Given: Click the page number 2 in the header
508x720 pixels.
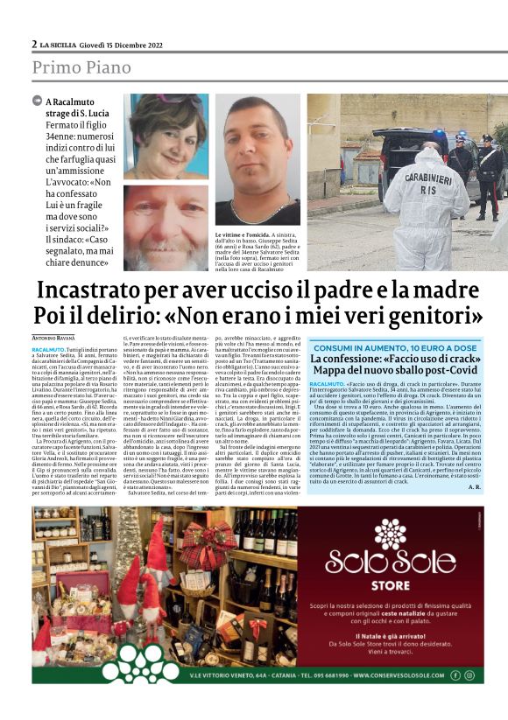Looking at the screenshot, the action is pos(34,44).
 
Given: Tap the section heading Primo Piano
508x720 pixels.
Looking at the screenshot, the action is pos(81,67).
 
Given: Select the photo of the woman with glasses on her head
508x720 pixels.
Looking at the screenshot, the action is pos(166,136).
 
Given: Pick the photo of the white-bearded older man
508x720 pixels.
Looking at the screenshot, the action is pos(166,227).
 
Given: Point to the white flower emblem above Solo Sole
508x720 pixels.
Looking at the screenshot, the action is pos(390,531).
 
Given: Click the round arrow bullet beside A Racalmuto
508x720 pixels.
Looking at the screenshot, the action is pos(37,101).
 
